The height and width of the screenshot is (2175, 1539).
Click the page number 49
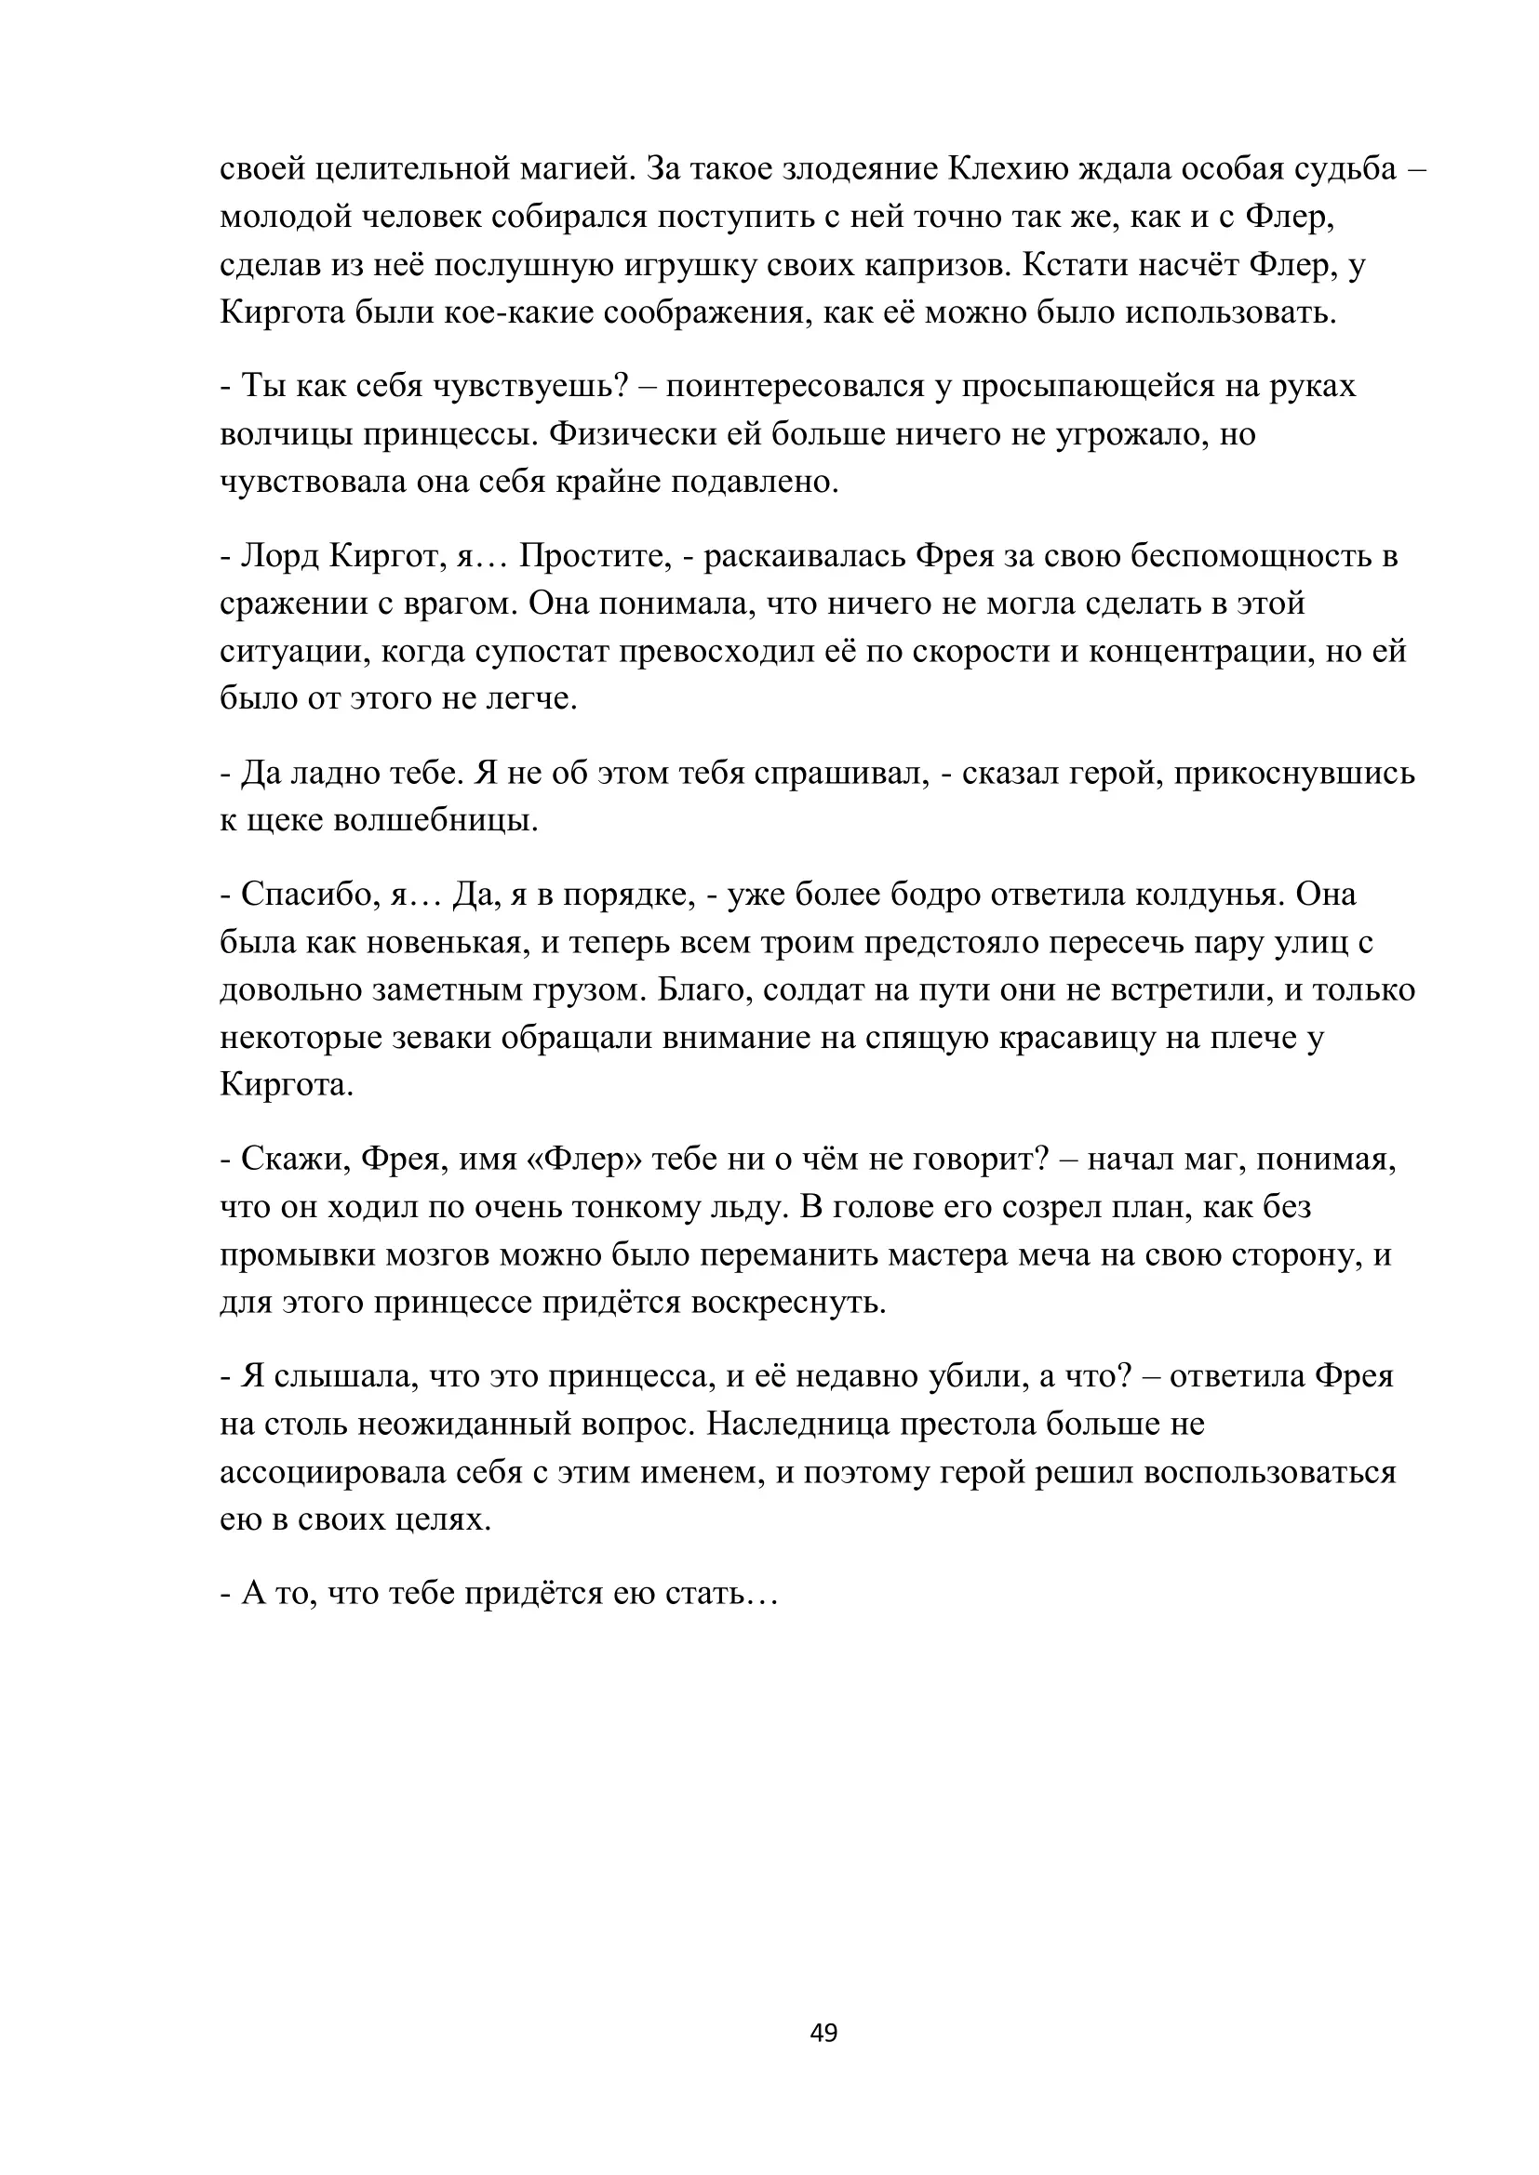tap(823, 2032)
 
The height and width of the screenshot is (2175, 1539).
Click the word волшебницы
tap(435, 821)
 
